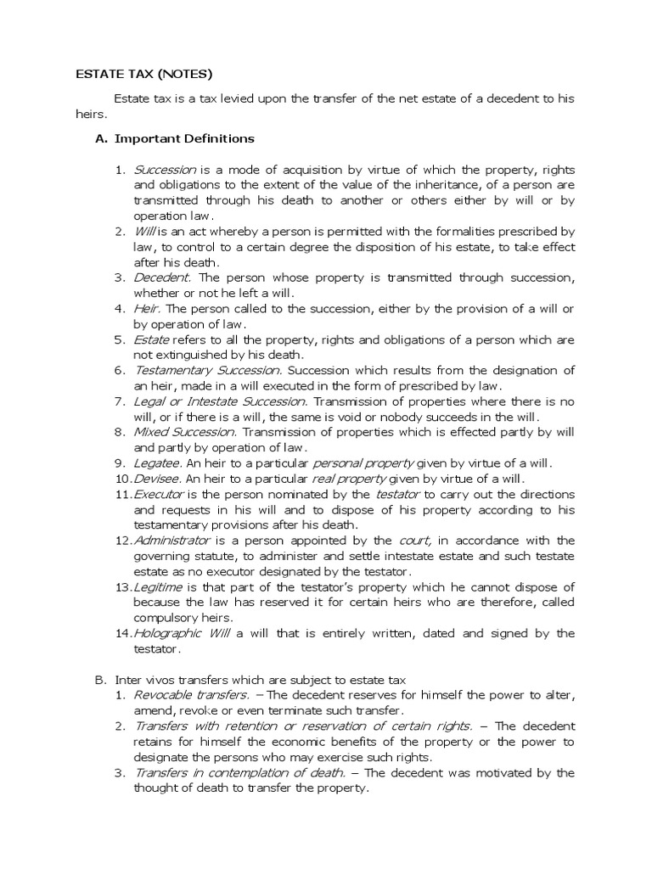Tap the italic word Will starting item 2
point(143,232)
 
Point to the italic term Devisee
point(158,478)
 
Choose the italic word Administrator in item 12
point(169,540)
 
